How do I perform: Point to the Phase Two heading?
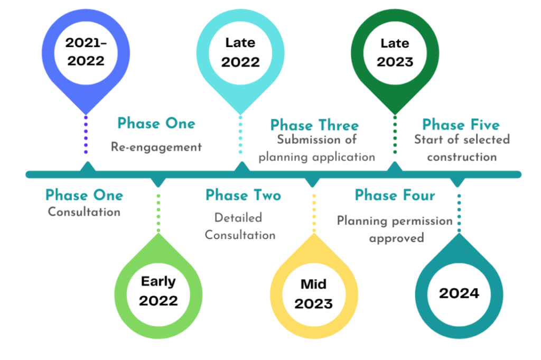point(243,195)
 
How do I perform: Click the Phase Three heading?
point(314,125)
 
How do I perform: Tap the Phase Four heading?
point(395,195)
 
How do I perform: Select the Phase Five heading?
point(461,125)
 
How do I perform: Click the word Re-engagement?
point(156,147)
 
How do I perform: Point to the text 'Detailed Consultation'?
point(240,226)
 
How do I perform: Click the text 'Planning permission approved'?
point(395,229)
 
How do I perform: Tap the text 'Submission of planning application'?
point(317,149)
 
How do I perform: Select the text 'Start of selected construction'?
point(462,148)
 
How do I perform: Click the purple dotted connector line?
point(86,135)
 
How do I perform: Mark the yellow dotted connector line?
point(314,213)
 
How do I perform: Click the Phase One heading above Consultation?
point(84,195)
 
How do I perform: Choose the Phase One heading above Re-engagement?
point(156,123)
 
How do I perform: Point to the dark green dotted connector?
point(395,135)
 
